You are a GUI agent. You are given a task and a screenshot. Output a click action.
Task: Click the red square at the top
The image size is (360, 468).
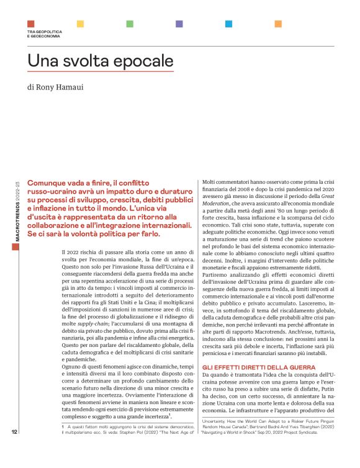30,24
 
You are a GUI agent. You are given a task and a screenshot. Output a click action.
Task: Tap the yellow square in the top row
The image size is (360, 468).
80,24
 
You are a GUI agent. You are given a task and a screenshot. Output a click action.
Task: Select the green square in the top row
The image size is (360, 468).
129,24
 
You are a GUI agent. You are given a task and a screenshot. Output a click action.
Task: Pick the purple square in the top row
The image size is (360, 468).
179,24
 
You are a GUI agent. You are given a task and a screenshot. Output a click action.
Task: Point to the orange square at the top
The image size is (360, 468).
277,24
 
